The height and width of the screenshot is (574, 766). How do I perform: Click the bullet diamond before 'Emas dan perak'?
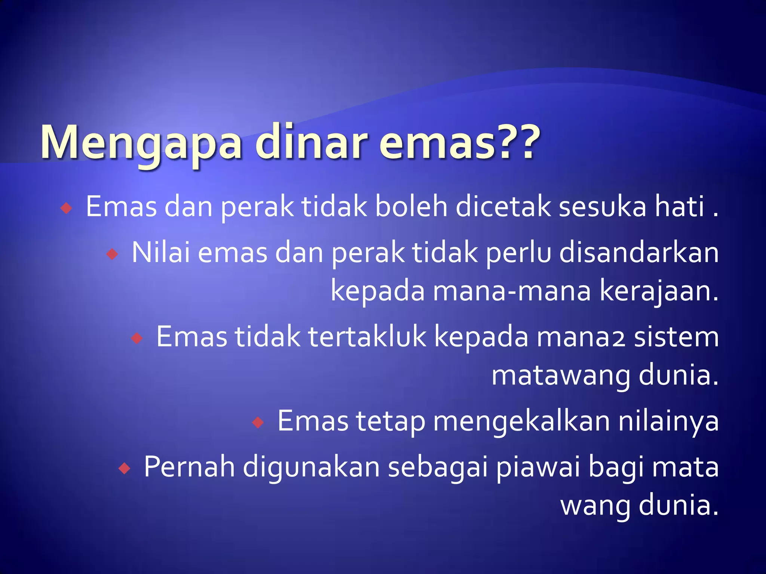click(66, 208)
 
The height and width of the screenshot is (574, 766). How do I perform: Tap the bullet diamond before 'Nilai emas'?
click(112, 254)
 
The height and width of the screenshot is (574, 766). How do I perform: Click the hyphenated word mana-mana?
click(512, 291)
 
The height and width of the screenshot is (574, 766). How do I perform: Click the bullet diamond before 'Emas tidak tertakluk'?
click(137, 339)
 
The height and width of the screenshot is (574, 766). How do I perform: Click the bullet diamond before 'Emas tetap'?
click(258, 423)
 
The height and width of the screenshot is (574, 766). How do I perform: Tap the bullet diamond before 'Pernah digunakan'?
click(124, 468)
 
